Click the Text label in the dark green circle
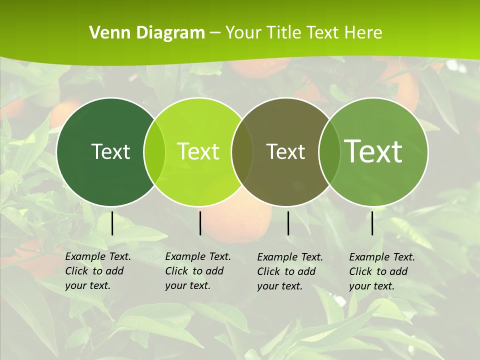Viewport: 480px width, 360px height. [110, 151]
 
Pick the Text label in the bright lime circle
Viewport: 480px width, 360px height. [198, 151]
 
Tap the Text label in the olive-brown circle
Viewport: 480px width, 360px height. [285, 151]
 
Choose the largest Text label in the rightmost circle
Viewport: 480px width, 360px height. [373, 151]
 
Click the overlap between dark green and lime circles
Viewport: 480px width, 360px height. [154, 152]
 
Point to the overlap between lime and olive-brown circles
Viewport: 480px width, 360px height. [242, 152]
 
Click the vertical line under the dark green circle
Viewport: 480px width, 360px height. [112, 223]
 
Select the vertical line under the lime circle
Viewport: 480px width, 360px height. [200, 223]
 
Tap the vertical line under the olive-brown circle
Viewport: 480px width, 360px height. [288, 223]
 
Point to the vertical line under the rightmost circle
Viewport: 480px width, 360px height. [372, 223]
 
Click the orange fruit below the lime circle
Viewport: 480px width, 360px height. [250, 220]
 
